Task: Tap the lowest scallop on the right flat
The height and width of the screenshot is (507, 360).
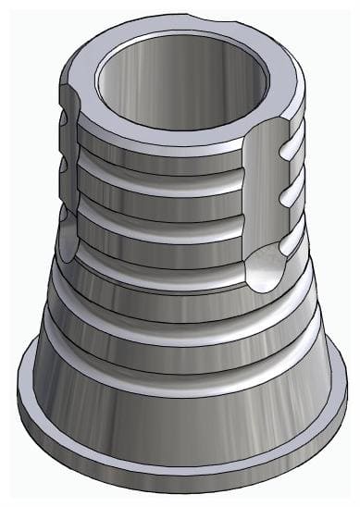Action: (289, 239)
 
